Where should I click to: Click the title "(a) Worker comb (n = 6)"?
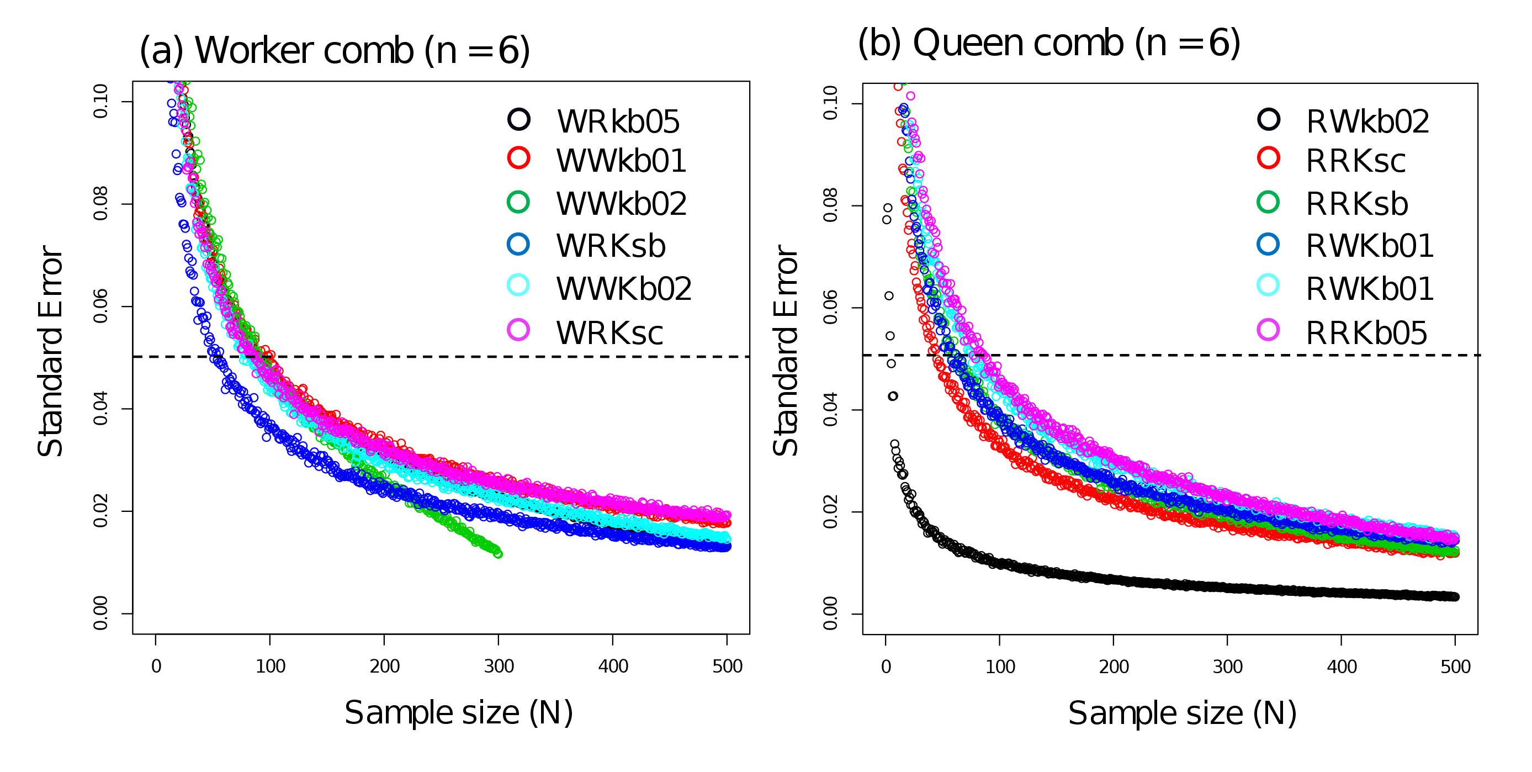(334, 51)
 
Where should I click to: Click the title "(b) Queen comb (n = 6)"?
(1048, 44)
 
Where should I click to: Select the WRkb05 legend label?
(618, 122)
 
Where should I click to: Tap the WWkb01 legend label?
(621, 161)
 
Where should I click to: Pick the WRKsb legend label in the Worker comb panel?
(611, 246)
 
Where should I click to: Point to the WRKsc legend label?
(609, 333)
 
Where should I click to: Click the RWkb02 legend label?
(1367, 122)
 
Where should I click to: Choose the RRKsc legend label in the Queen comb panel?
(1355, 161)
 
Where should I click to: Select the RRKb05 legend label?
(1366, 333)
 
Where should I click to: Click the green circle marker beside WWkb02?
(518, 202)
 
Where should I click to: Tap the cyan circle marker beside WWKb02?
(518, 285)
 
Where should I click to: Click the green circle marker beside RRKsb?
(1268, 202)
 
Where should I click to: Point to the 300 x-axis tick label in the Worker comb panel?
(499, 666)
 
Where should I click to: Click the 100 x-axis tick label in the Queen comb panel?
(1000, 667)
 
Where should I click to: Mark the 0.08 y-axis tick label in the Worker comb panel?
(100, 203)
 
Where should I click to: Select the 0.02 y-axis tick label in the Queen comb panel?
(830, 511)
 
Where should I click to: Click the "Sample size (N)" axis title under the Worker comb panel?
(459, 712)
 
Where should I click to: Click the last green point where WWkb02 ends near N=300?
(499, 554)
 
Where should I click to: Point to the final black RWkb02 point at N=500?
(1455, 596)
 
